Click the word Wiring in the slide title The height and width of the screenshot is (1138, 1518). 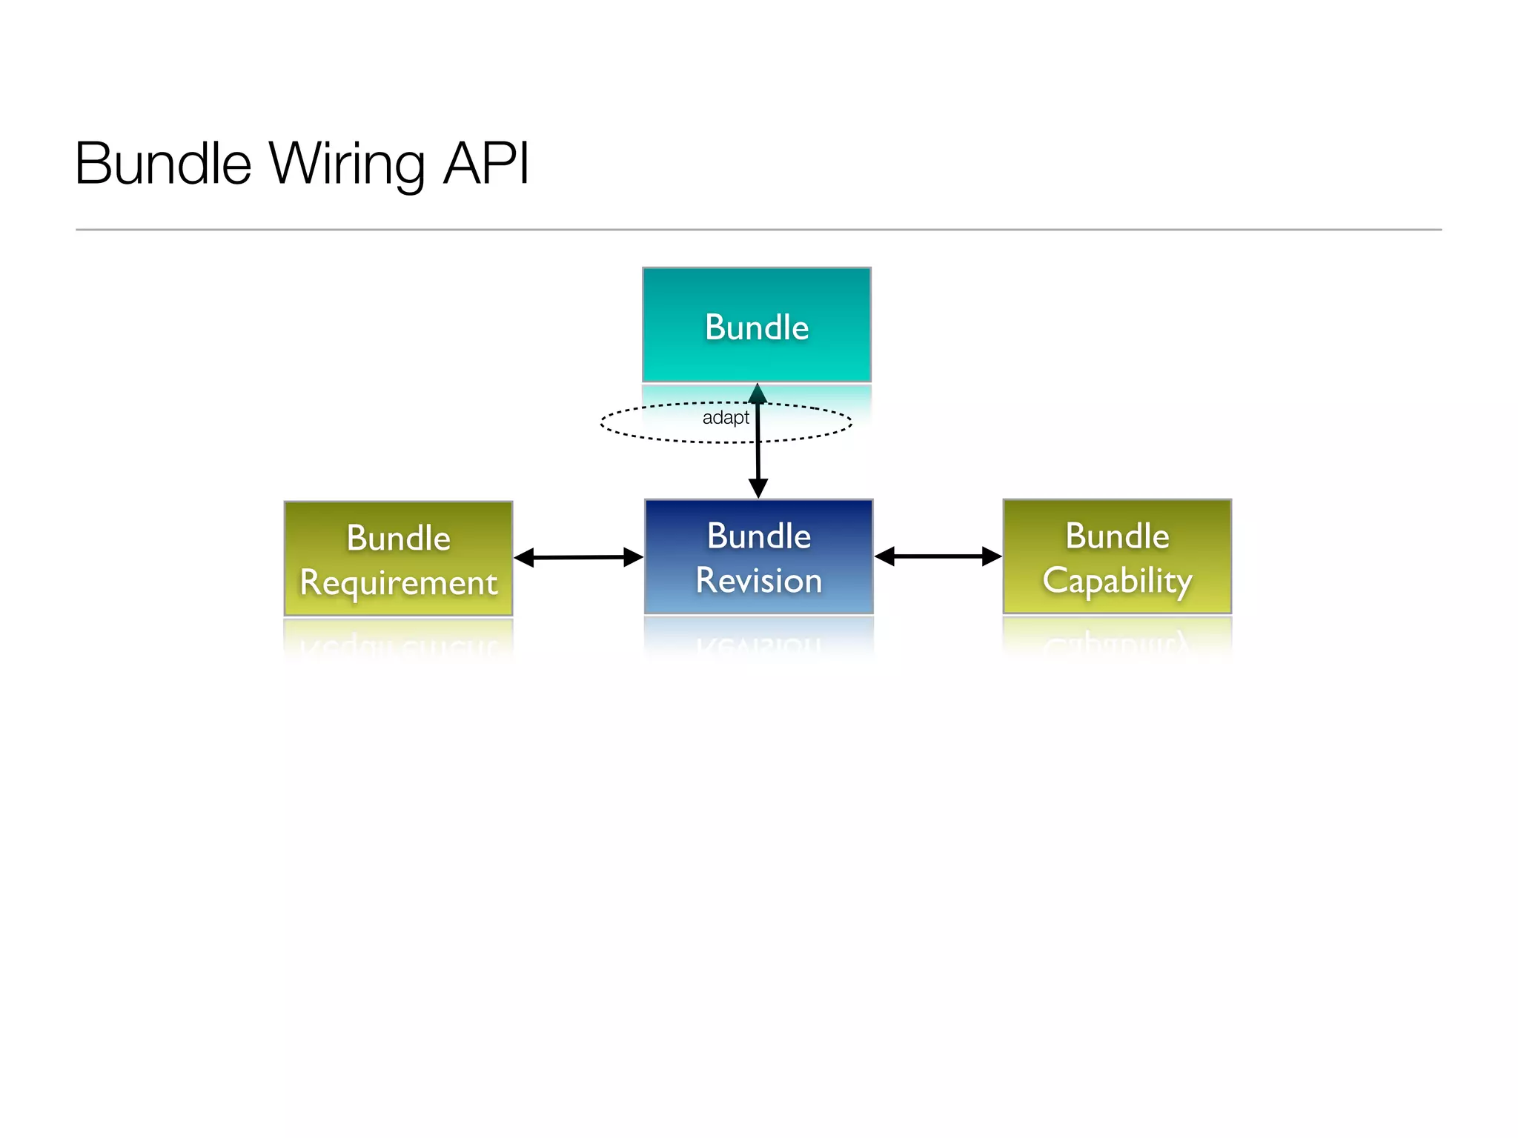coord(347,164)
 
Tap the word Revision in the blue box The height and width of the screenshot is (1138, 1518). coord(758,580)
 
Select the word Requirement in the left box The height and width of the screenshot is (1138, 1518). coord(398,582)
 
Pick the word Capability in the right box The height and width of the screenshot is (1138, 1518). coord(1117,580)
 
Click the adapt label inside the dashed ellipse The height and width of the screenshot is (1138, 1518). coord(725,418)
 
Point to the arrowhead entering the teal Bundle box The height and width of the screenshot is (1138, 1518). coord(757,393)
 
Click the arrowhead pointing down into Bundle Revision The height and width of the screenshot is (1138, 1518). coord(758,488)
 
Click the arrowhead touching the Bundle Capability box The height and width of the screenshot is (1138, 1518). coord(991,556)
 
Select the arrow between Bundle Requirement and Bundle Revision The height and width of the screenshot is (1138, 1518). coord(578,557)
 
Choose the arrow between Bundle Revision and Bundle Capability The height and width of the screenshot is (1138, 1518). coord(938,556)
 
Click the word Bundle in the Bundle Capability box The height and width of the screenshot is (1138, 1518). coord(1117,536)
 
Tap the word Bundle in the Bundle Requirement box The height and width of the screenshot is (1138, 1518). coord(398,538)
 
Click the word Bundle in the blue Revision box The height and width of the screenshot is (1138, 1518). coord(758,536)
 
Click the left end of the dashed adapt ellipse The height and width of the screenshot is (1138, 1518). coord(602,423)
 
